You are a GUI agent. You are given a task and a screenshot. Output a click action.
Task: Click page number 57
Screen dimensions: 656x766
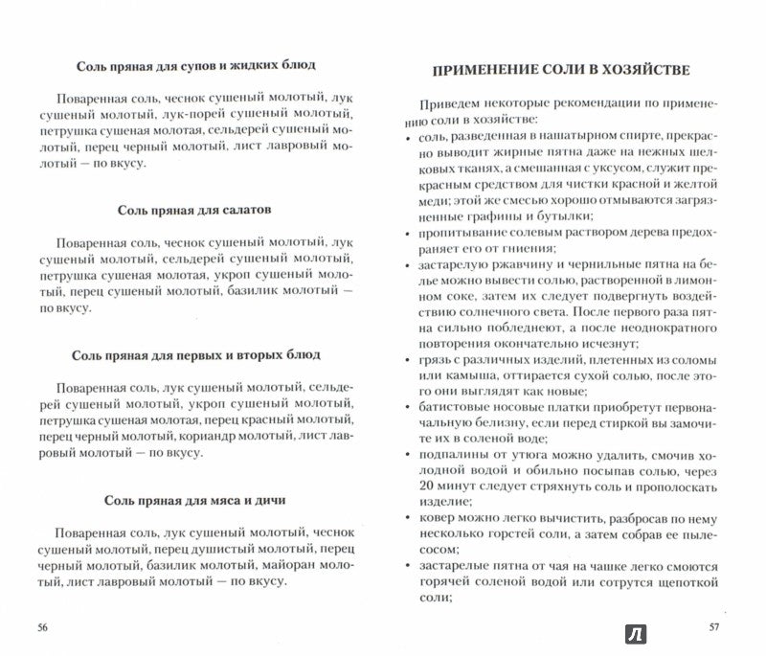click(x=722, y=626)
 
